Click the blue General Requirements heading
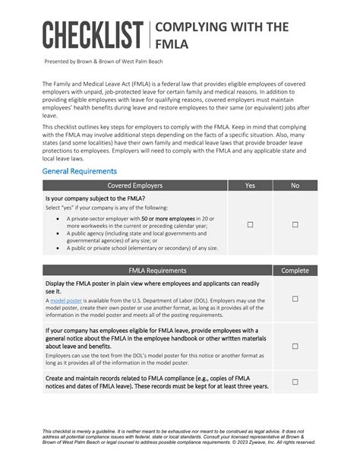click(x=79, y=172)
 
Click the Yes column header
click(x=250, y=185)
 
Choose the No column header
click(x=295, y=185)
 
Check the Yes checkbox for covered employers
click(x=250, y=225)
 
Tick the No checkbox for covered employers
click(x=295, y=225)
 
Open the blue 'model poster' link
click(x=65, y=301)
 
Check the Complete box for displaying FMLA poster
click(x=295, y=301)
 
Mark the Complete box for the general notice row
click(x=295, y=347)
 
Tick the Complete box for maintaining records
click(x=295, y=382)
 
